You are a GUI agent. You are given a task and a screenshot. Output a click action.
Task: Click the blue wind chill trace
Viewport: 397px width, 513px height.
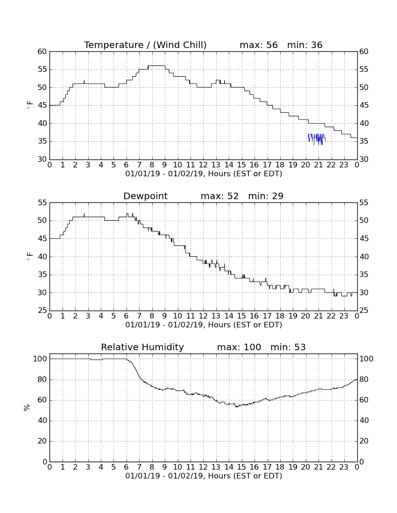[x=317, y=139]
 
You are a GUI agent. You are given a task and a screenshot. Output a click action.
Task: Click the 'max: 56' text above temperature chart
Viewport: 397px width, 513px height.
[x=258, y=45]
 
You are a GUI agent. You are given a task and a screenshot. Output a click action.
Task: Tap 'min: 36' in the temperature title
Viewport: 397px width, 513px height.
[x=305, y=45]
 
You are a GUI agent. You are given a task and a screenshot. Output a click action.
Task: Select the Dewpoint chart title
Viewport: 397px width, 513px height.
[x=145, y=196]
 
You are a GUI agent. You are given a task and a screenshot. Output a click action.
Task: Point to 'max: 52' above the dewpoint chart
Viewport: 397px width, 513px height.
[x=220, y=196]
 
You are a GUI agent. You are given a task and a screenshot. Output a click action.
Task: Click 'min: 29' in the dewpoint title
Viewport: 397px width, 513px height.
[x=266, y=196]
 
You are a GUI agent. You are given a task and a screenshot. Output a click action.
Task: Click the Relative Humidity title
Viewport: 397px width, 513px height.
[x=142, y=347]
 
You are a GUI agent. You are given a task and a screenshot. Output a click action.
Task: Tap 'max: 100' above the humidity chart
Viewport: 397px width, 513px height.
[x=239, y=347]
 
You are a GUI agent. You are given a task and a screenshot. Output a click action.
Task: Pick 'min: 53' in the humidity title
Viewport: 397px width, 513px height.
[x=288, y=347]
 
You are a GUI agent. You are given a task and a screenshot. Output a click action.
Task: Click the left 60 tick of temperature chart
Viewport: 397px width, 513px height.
[x=43, y=51]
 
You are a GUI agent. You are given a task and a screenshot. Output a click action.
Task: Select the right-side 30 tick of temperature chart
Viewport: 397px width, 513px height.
[x=363, y=159]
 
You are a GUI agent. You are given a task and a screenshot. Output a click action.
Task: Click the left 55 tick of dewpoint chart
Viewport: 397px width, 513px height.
[x=43, y=202]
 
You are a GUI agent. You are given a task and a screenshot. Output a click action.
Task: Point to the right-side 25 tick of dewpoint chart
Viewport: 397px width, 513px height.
[x=363, y=311]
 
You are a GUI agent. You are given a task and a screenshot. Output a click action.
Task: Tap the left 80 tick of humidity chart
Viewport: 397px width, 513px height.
[x=43, y=380]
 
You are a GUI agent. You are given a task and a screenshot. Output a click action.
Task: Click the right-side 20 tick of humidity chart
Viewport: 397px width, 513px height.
[x=363, y=441]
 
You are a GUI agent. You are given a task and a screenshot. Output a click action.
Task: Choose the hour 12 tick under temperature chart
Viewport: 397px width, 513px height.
[x=203, y=165]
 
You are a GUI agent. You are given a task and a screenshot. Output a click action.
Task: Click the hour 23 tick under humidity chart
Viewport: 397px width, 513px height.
[x=344, y=467]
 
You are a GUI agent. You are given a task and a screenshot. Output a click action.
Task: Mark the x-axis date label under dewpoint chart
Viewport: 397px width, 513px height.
[x=204, y=325]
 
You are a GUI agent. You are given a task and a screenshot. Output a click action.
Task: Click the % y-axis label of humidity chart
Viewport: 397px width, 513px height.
[x=27, y=408]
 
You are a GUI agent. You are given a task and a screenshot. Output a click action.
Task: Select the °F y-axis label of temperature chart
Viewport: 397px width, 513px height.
[x=29, y=105]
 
